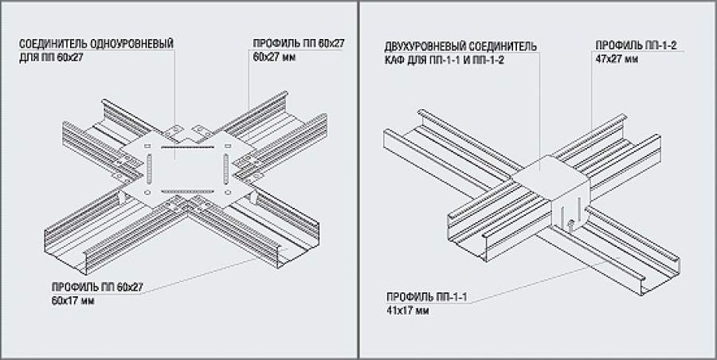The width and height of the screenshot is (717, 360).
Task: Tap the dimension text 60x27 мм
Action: coord(274,58)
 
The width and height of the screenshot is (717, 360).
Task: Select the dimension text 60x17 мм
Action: coord(73,301)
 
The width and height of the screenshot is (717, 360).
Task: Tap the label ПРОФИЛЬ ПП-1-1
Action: coord(426,297)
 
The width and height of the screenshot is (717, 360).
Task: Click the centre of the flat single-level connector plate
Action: coord(187,169)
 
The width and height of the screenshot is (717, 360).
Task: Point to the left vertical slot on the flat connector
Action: coord(149,169)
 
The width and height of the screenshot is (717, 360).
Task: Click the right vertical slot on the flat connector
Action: coord(226,168)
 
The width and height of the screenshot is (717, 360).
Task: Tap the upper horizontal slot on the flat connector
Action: coord(187,147)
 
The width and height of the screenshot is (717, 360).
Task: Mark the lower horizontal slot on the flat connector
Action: coord(188,191)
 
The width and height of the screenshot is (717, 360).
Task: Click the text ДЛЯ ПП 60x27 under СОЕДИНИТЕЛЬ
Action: coord(51,59)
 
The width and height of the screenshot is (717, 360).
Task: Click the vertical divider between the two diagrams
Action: coord(358,180)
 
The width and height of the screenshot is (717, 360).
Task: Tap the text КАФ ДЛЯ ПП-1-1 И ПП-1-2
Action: coord(444,61)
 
